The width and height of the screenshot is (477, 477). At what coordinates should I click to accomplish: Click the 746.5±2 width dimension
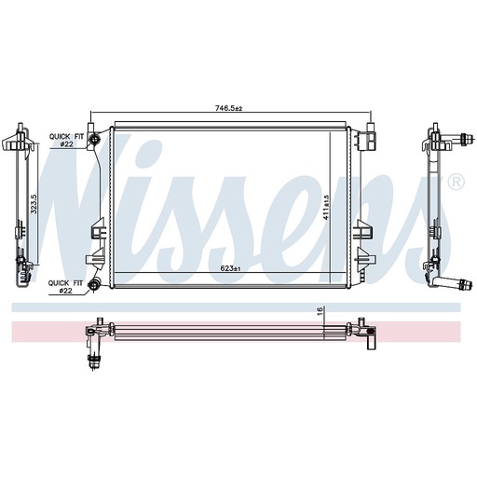(228, 108)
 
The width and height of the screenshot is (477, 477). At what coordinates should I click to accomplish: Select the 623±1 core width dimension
(230, 268)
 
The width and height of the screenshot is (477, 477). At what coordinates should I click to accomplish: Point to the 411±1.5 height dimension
(326, 208)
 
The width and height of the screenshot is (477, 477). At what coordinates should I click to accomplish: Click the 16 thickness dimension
(320, 310)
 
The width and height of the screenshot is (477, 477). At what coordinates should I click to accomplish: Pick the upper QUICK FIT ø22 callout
(66, 140)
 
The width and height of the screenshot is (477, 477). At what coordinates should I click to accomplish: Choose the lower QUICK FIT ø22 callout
(65, 287)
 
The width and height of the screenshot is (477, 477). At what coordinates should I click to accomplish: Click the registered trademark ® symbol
(457, 183)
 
